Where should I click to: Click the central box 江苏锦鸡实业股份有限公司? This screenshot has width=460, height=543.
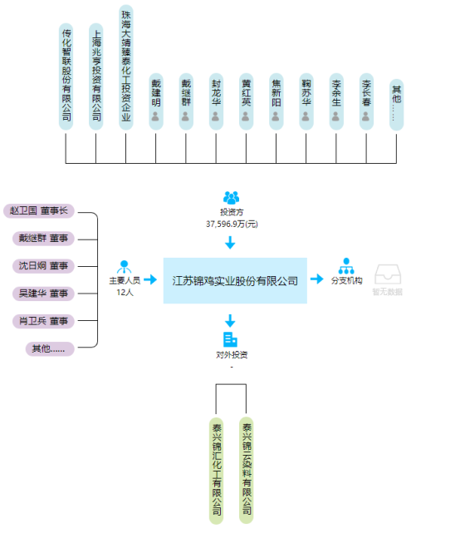coord(235,280)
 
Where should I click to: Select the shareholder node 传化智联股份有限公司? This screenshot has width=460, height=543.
coord(66,76)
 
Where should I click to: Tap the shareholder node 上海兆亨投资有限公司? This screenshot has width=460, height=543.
coord(96,76)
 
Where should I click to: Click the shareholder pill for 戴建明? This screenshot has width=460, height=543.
coord(155,101)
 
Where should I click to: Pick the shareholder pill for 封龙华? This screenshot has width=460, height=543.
coord(216,101)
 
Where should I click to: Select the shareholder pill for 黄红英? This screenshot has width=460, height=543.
coord(246,101)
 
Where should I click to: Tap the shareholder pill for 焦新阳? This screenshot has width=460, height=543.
coord(276,101)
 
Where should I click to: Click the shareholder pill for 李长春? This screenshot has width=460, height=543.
coord(366,101)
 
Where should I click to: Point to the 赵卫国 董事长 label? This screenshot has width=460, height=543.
coord(39,211)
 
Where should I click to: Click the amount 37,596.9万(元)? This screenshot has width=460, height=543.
coord(232,224)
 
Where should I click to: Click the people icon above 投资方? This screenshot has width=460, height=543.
coord(231,198)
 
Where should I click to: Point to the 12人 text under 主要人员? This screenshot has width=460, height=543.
coord(125,293)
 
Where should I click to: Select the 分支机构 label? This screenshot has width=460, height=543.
coord(346,281)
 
